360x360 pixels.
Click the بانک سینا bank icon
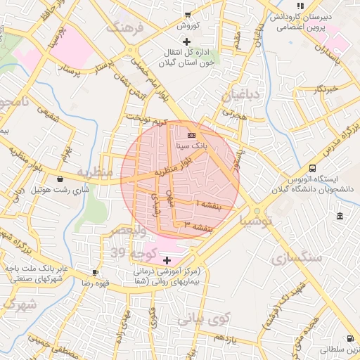tap(191, 134)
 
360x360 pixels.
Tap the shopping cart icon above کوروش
tap(187, 13)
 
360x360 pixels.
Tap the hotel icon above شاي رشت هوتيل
tap(60, 179)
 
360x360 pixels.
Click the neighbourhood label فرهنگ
tap(124, 29)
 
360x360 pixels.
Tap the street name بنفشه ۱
tap(207, 204)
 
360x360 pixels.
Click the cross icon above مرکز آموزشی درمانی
tap(167, 260)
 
